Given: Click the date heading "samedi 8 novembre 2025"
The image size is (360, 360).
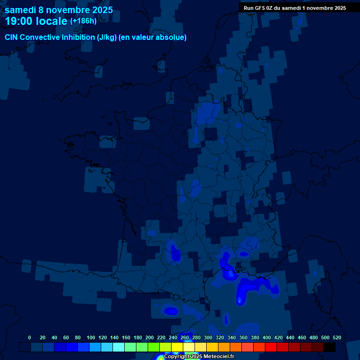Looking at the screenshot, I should [x=59, y=10].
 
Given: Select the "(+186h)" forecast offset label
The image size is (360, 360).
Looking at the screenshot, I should [x=83, y=21].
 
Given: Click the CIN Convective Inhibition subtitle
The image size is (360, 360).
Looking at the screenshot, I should [x=96, y=37].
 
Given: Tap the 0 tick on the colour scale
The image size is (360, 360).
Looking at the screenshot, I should [x=30, y=337].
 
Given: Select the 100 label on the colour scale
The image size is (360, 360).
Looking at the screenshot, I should [x=91, y=337].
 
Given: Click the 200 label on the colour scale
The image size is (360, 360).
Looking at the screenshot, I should [x=150, y=337].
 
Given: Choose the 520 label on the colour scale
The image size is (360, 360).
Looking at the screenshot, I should [x=337, y=337].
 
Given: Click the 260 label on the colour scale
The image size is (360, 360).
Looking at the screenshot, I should [x=185, y=337].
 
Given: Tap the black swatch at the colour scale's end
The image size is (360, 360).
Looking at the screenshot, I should [x=330, y=347].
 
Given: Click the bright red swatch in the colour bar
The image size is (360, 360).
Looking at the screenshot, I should [x=271, y=347].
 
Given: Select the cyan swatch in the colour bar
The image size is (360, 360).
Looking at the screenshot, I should [x=119, y=347].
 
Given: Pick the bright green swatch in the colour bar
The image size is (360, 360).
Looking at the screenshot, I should [x=154, y=347].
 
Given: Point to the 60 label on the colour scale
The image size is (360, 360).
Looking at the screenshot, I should [x=66, y=337].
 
